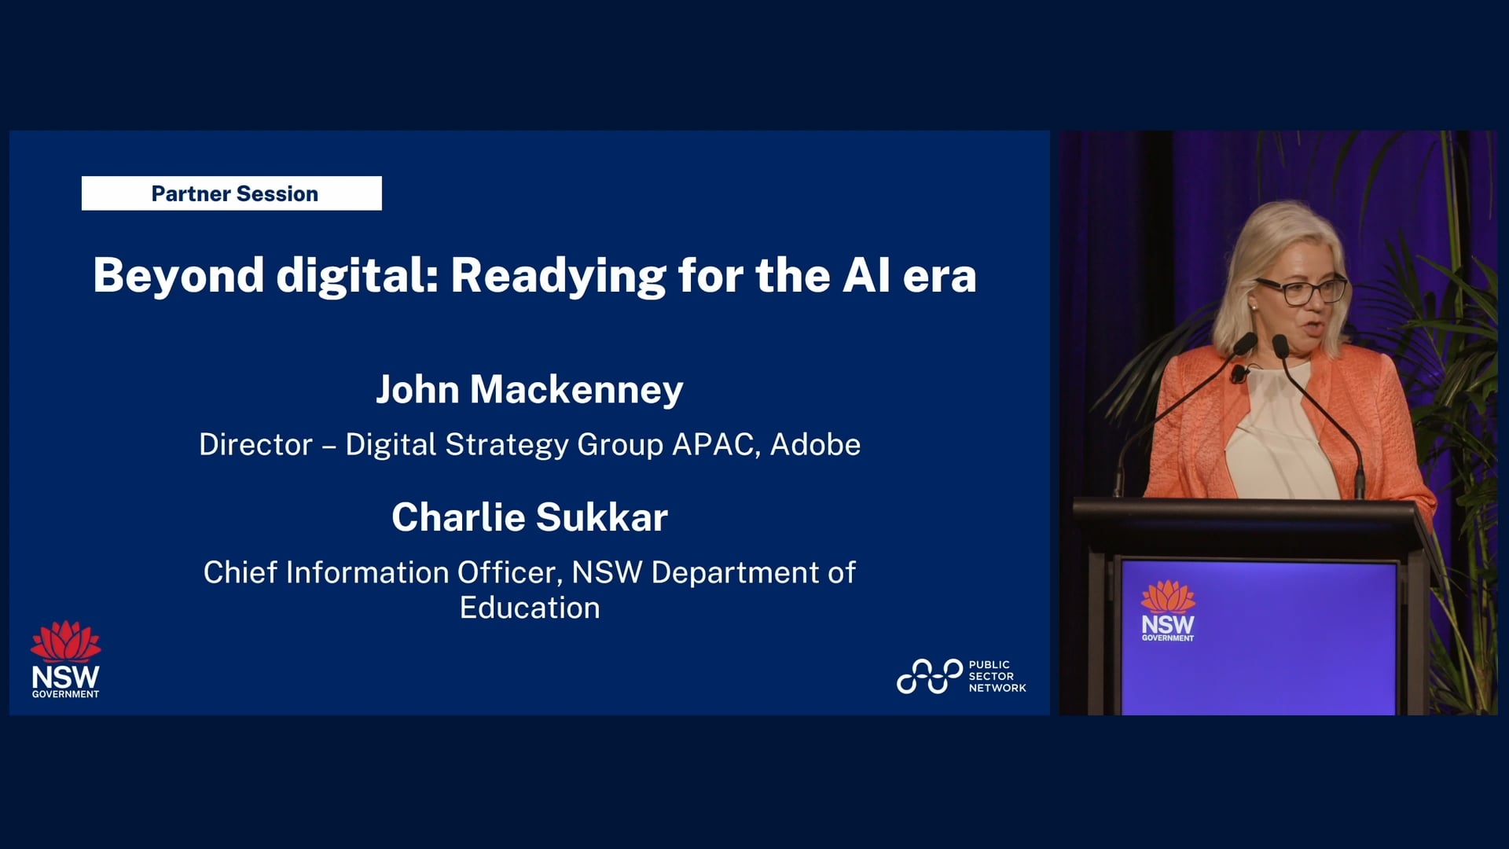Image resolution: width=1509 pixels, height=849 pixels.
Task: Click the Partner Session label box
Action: click(x=232, y=193)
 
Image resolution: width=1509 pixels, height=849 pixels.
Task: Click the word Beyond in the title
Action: click(x=178, y=276)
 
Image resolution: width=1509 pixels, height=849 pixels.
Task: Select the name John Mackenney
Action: click(x=529, y=390)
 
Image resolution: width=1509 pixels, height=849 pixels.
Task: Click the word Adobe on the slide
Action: click(x=815, y=445)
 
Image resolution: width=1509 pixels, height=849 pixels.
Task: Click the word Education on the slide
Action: click(x=529, y=608)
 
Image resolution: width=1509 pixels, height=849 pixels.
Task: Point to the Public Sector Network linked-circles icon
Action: click(x=929, y=676)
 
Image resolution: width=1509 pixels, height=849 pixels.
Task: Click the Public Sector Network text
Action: click(x=997, y=676)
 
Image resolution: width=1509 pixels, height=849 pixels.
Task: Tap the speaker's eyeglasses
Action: click(x=1301, y=292)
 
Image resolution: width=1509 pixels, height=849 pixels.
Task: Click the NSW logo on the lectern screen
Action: click(x=1168, y=612)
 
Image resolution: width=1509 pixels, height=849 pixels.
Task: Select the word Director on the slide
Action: click(x=255, y=445)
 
